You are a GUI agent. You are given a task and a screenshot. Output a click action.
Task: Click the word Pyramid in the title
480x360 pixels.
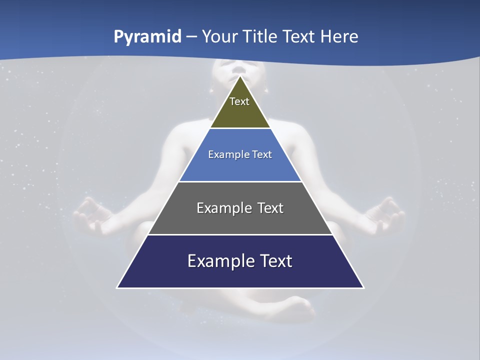147,37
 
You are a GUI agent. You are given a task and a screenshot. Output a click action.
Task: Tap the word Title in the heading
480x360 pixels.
261,37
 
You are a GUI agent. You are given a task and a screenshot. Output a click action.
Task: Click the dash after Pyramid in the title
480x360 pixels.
191,37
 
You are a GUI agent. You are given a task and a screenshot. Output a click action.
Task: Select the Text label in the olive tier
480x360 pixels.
239,101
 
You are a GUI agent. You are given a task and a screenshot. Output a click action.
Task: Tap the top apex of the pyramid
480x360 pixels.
240,76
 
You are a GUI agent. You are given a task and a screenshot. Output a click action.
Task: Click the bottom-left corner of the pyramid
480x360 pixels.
117,287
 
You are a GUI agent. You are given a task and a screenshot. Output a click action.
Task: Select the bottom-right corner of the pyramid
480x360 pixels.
363,287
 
